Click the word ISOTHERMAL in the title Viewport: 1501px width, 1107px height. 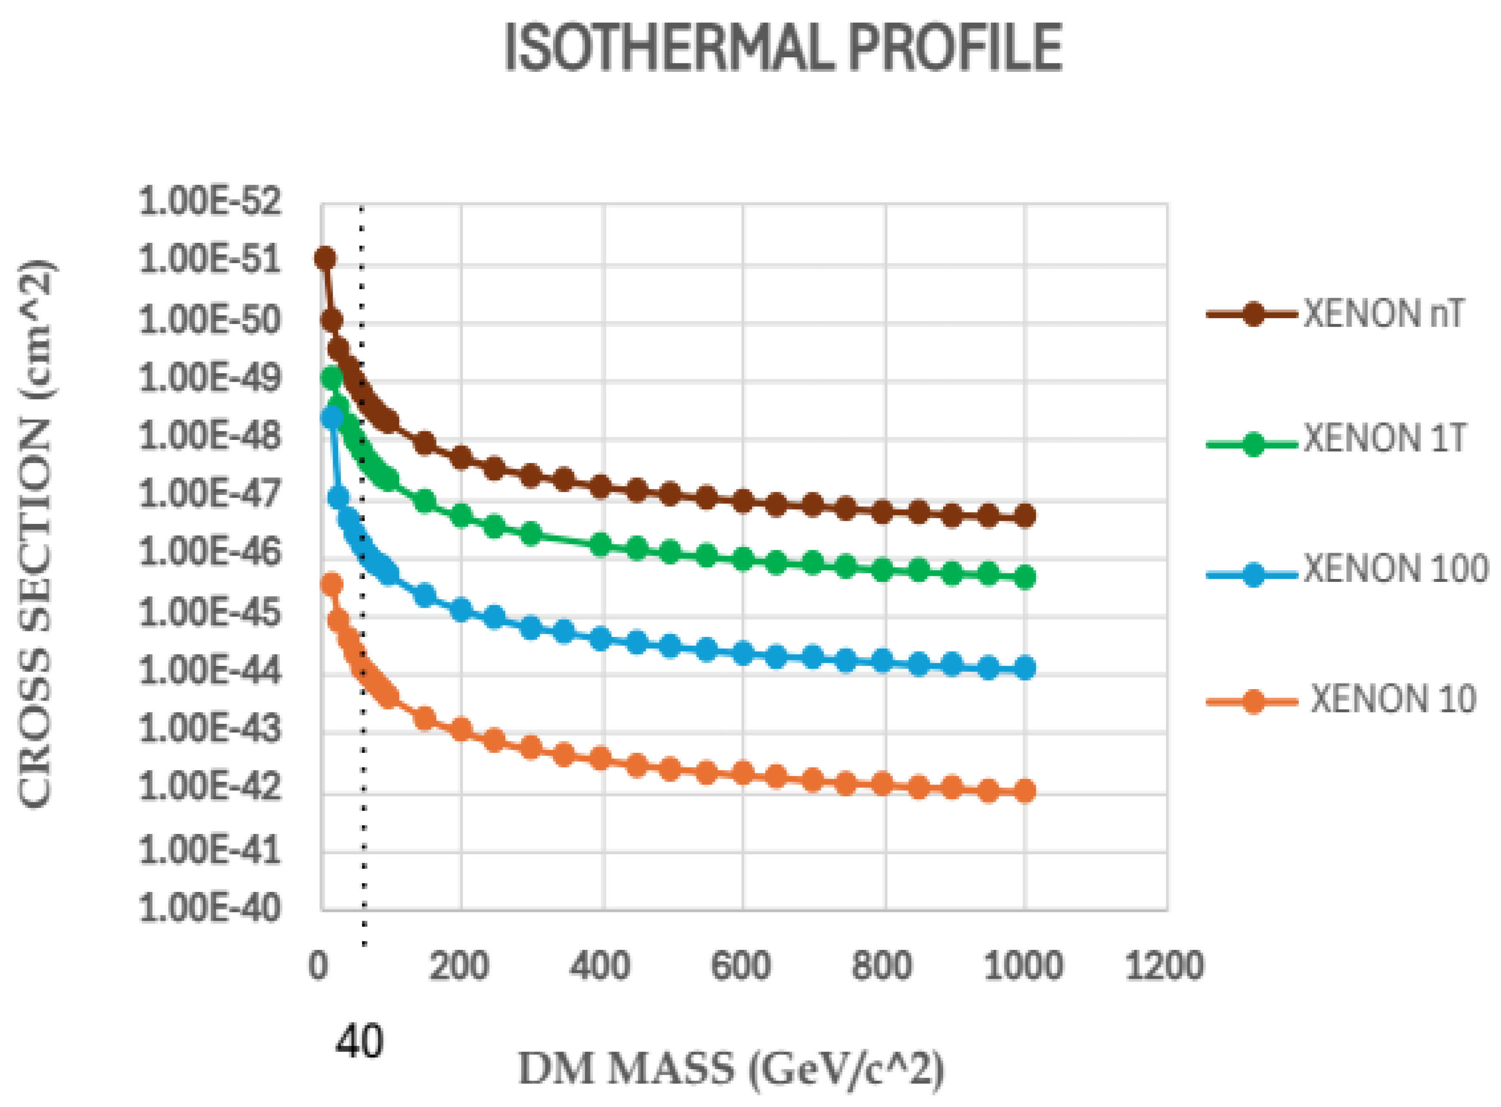668,48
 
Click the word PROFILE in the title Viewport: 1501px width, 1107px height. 956,48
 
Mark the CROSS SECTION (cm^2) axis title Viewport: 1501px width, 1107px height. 35,534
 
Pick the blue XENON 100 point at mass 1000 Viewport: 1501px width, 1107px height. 1024,668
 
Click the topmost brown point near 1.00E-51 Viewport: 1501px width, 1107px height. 325,258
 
